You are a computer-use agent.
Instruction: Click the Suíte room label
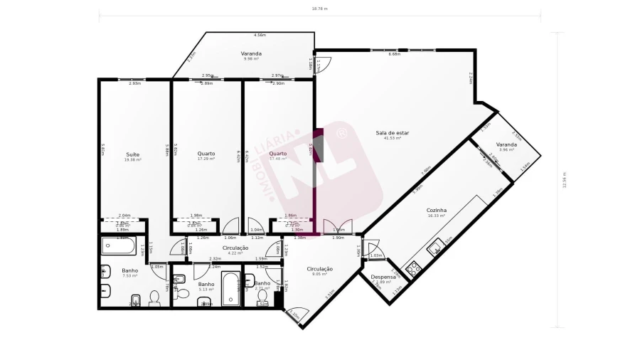133,154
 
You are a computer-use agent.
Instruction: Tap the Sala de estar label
393,133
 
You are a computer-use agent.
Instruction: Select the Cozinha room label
436,210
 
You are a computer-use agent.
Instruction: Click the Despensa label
383,277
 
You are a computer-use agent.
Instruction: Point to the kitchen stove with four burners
413,268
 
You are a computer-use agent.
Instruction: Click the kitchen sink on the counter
433,249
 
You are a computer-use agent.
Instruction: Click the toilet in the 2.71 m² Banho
262,296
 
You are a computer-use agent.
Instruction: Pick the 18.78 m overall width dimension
319,9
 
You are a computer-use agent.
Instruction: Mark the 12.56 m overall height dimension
563,180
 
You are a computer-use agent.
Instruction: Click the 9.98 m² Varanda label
250,53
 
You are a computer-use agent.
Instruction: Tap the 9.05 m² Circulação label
319,269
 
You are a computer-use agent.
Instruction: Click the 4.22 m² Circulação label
235,248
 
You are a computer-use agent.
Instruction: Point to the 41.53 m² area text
393,138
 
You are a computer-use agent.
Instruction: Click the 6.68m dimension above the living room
395,54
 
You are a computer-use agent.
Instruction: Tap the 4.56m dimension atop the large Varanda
260,35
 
